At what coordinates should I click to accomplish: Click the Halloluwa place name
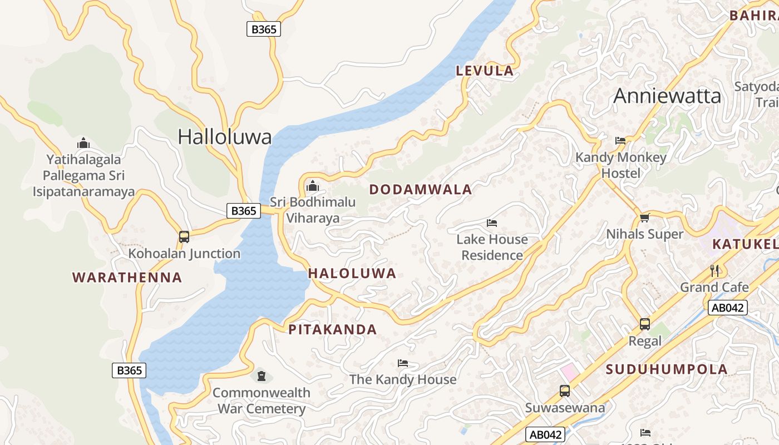225,137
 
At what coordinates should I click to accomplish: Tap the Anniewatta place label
667,96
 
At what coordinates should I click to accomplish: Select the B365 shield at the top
264,29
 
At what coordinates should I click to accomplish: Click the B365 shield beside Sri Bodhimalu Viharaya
244,211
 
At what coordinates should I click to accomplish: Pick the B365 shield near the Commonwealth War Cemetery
129,370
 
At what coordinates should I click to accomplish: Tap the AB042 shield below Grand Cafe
727,308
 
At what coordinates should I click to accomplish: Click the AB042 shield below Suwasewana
545,434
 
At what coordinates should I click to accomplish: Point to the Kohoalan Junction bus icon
184,237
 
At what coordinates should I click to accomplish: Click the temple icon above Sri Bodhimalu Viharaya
313,185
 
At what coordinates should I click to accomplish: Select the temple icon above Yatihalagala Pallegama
83,143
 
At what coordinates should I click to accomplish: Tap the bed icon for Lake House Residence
492,223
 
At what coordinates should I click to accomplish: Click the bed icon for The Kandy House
403,363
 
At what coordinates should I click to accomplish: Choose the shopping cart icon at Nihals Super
644,217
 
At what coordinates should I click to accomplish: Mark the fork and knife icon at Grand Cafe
714,271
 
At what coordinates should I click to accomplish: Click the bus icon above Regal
644,324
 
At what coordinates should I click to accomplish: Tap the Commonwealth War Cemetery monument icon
261,376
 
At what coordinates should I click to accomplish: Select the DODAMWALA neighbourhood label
421,190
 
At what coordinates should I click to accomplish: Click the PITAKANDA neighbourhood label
333,329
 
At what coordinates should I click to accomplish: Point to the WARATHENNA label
127,278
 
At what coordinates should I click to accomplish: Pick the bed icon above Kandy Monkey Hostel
620,141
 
